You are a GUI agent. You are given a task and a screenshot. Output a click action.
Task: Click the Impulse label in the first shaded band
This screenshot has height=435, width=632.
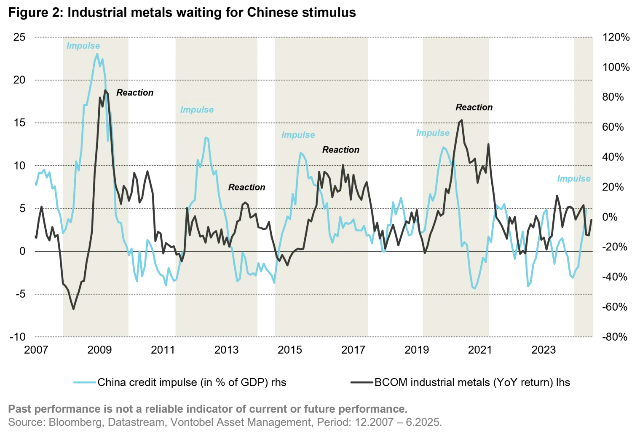[83, 46]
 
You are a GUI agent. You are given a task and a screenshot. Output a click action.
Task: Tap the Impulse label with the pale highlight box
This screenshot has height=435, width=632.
[197, 110]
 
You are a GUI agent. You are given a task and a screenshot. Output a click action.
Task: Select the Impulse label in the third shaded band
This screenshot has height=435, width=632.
[298, 135]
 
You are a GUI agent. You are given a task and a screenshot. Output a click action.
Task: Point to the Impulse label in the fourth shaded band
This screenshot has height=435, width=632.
[433, 133]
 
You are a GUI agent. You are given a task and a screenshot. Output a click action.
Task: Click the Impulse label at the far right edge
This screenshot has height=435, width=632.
[573, 179]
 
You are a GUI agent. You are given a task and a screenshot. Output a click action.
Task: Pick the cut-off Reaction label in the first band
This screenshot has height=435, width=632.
[124, 93]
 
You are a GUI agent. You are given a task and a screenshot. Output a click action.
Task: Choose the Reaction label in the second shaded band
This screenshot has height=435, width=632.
[244, 187]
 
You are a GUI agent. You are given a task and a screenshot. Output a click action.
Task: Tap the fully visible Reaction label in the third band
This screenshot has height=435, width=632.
[340, 150]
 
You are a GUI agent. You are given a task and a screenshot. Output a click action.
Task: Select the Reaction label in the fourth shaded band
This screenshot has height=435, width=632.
[473, 107]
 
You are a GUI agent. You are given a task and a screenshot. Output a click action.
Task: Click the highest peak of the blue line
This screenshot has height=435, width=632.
[97, 54]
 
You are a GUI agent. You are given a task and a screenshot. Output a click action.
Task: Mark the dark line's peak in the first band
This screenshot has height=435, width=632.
[105, 90]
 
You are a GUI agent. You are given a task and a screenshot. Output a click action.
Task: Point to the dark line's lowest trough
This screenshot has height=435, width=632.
[74, 309]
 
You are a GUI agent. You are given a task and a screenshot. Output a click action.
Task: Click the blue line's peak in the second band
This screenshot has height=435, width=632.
[206, 137]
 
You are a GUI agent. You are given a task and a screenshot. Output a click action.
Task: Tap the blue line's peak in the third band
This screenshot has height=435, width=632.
[301, 153]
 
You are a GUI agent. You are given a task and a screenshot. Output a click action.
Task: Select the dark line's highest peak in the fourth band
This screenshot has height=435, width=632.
[461, 120]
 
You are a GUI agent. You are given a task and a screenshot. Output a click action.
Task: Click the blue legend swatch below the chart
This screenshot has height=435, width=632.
[84, 383]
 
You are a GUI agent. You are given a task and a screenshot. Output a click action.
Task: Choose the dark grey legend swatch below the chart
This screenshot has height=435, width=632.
[360, 383]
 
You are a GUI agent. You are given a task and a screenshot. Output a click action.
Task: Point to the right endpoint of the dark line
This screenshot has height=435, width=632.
[592, 220]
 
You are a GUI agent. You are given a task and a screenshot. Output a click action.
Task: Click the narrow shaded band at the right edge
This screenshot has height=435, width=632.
[584, 295]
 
